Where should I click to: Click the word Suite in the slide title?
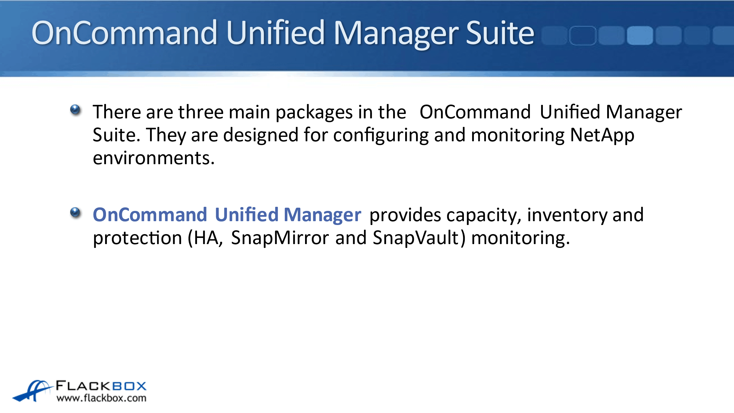point(500,33)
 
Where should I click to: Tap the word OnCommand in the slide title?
point(124,33)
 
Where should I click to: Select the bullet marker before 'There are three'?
point(75,110)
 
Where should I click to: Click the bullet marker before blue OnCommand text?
point(75,212)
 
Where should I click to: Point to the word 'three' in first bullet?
point(201,112)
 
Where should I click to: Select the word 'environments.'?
point(154,158)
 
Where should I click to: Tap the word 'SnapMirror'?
point(280,238)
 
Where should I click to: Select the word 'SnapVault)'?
point(419,238)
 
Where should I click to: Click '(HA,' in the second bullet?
point(205,238)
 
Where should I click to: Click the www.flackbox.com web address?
point(102,398)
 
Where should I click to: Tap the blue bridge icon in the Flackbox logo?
point(32,391)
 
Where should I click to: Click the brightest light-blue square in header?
point(640,36)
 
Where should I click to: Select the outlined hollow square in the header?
point(583,36)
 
